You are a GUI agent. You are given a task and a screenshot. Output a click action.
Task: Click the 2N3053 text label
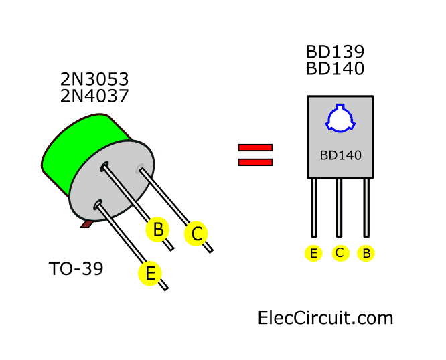[94, 80]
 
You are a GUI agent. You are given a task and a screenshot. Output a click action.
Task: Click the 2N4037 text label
[94, 96]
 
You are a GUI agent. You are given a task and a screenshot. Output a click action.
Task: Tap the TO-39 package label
[76, 270]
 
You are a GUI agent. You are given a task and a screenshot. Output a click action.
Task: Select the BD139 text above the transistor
[335, 52]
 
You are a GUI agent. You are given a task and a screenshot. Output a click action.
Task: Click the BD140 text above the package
[335, 68]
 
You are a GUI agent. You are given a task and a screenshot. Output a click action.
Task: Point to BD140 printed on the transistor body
[340, 155]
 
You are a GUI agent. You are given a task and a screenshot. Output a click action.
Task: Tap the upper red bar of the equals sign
[255, 148]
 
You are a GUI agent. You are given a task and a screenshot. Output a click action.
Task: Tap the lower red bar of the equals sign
[255, 161]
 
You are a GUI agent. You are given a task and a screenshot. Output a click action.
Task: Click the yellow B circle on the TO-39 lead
[158, 230]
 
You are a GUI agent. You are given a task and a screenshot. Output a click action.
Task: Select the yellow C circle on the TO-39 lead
[196, 234]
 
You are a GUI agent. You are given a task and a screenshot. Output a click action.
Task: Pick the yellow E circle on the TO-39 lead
[150, 273]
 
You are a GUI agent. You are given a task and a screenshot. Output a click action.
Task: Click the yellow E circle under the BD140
[313, 253]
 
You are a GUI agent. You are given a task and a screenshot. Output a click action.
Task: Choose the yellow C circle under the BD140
[340, 253]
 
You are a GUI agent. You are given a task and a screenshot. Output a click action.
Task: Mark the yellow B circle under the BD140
[366, 253]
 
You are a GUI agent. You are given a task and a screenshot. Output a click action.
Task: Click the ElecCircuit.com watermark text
[325, 317]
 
